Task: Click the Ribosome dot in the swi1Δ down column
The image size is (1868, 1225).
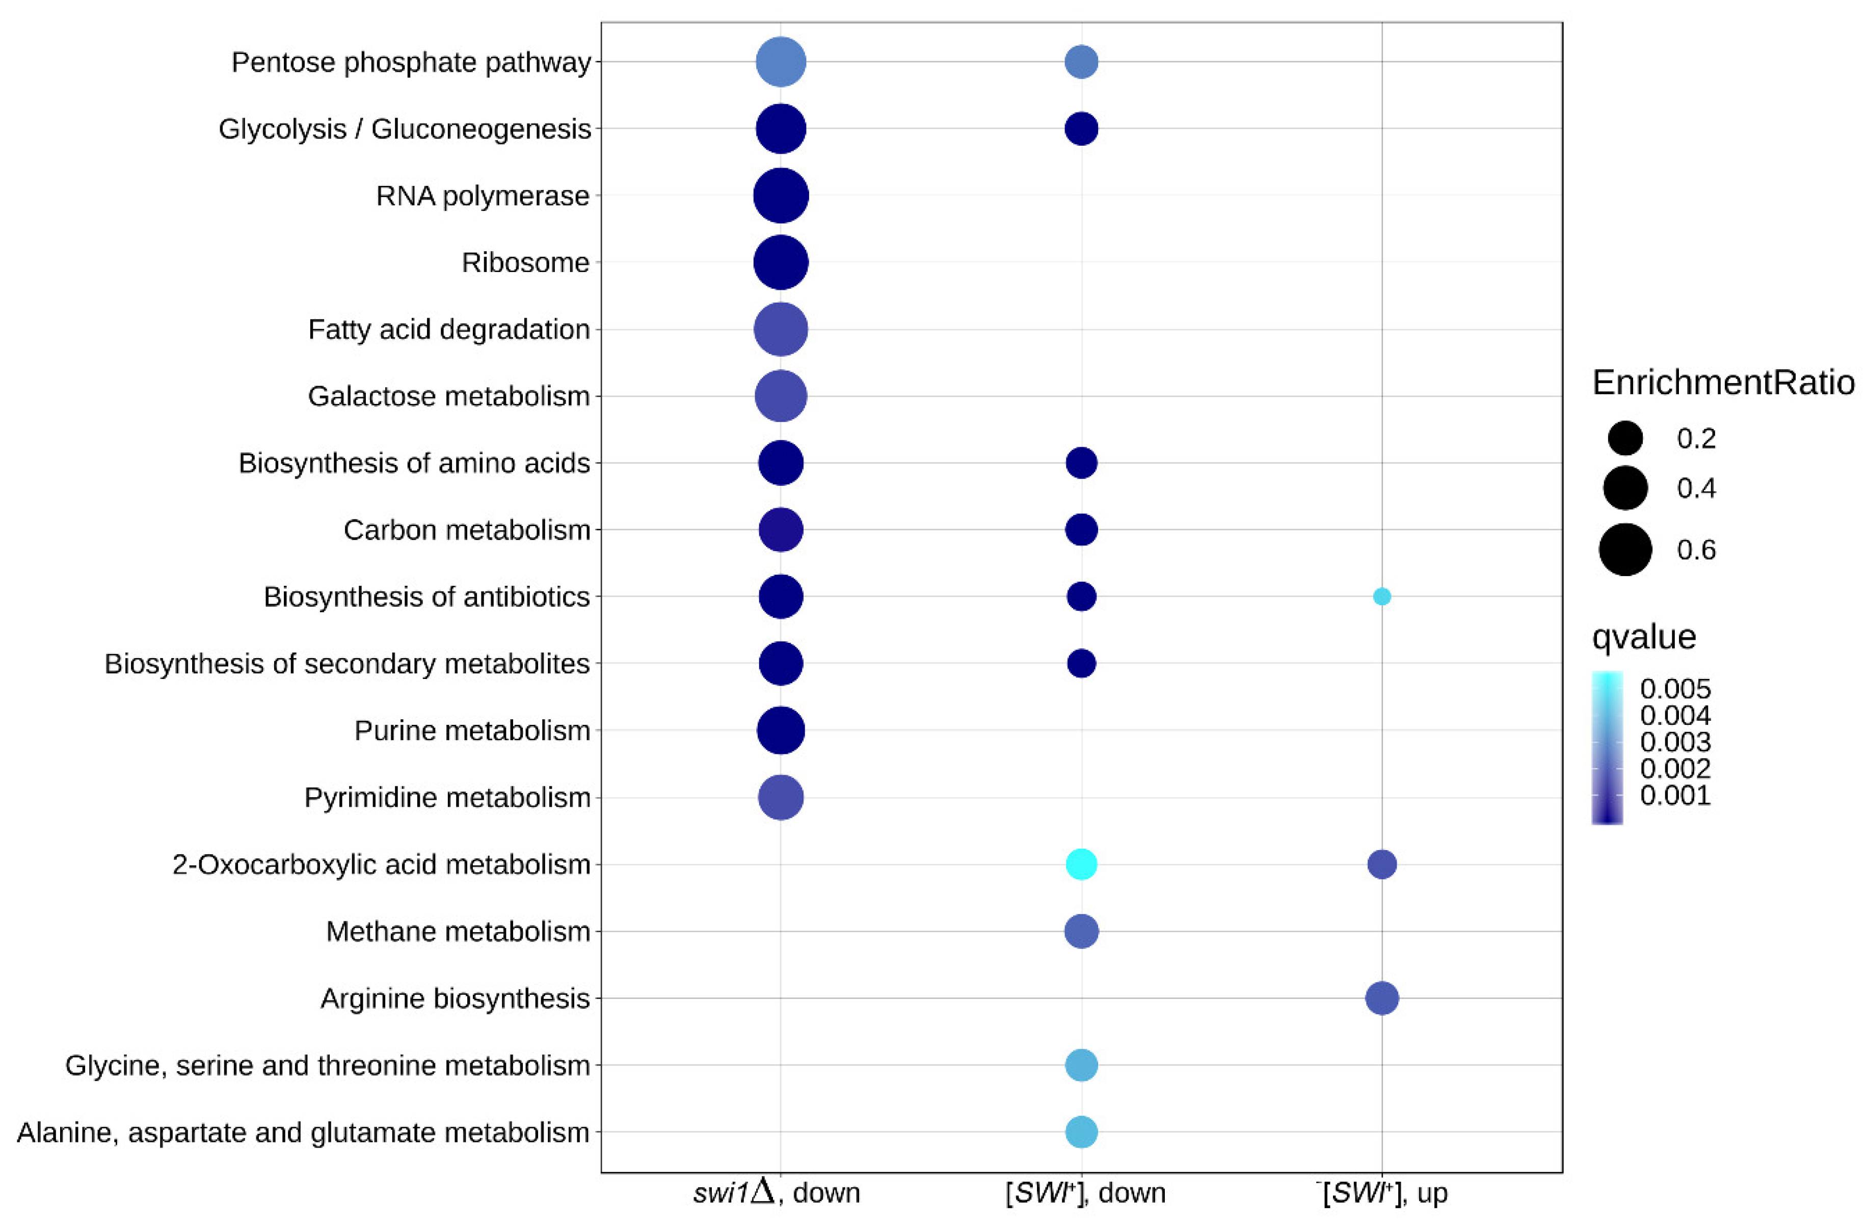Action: (780, 262)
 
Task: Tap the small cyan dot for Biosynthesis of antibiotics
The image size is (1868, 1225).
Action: (1381, 596)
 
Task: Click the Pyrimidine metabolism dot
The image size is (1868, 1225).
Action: (780, 797)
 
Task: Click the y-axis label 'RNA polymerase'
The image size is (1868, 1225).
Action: (483, 196)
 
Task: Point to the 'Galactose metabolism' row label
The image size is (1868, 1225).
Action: (448, 396)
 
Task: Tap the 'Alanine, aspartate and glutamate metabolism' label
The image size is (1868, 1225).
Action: (303, 1132)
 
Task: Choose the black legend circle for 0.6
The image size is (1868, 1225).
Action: (1624, 549)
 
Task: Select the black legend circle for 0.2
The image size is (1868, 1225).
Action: (1624, 438)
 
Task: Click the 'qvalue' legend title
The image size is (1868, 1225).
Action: (1643, 636)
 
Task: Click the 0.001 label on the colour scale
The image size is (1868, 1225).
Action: (1675, 796)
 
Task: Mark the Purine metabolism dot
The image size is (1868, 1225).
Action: (780, 730)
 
